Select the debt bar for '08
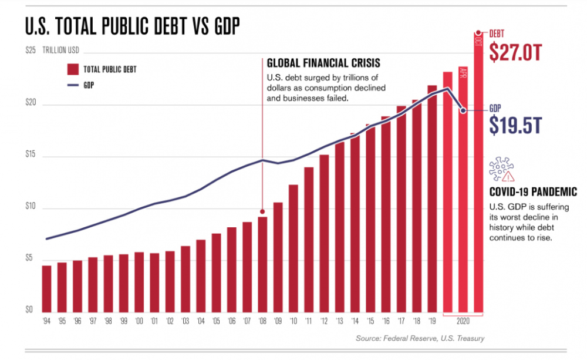point(262,264)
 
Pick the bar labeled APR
point(463,188)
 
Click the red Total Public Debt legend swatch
point(73,69)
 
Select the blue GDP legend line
point(73,85)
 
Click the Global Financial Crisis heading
point(323,63)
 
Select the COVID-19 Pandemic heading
point(533,192)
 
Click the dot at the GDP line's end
point(463,110)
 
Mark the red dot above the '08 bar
point(262,211)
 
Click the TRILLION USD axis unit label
point(61,51)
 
